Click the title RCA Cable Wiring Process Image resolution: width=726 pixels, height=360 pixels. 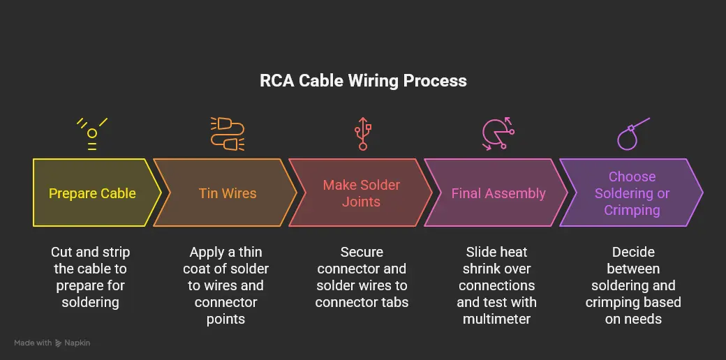[x=363, y=80]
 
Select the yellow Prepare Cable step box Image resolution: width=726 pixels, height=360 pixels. [x=92, y=193]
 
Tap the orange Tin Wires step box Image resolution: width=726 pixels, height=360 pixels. [x=228, y=193]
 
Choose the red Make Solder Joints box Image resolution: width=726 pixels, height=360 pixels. [x=361, y=193]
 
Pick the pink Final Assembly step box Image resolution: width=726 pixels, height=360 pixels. [x=498, y=193]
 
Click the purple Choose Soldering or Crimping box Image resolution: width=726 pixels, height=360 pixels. [x=632, y=193]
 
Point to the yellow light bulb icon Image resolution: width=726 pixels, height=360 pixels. [x=92, y=133]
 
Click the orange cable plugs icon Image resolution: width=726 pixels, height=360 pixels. [x=228, y=133]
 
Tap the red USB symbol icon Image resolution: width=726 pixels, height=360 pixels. [x=362, y=133]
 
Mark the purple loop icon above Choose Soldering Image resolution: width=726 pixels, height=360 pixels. [x=632, y=133]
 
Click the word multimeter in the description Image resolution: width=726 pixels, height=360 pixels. [x=496, y=319]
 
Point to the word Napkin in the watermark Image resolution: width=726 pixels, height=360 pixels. [x=77, y=343]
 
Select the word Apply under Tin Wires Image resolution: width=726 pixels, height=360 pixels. [x=207, y=252]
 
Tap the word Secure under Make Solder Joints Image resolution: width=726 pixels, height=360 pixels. [x=362, y=252]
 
